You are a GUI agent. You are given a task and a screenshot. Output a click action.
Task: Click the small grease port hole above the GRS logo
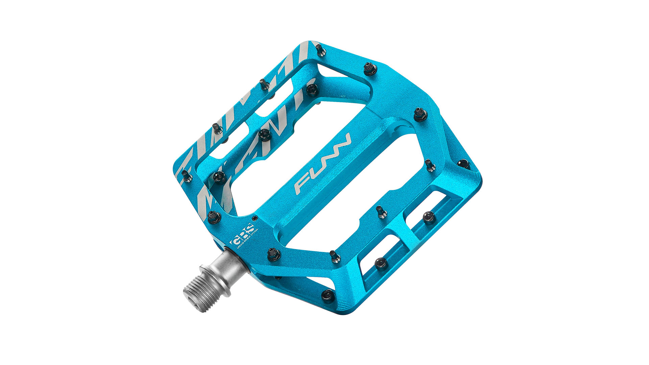point(256,218)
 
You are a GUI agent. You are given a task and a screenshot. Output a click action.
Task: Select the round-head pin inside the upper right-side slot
point(429,217)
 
